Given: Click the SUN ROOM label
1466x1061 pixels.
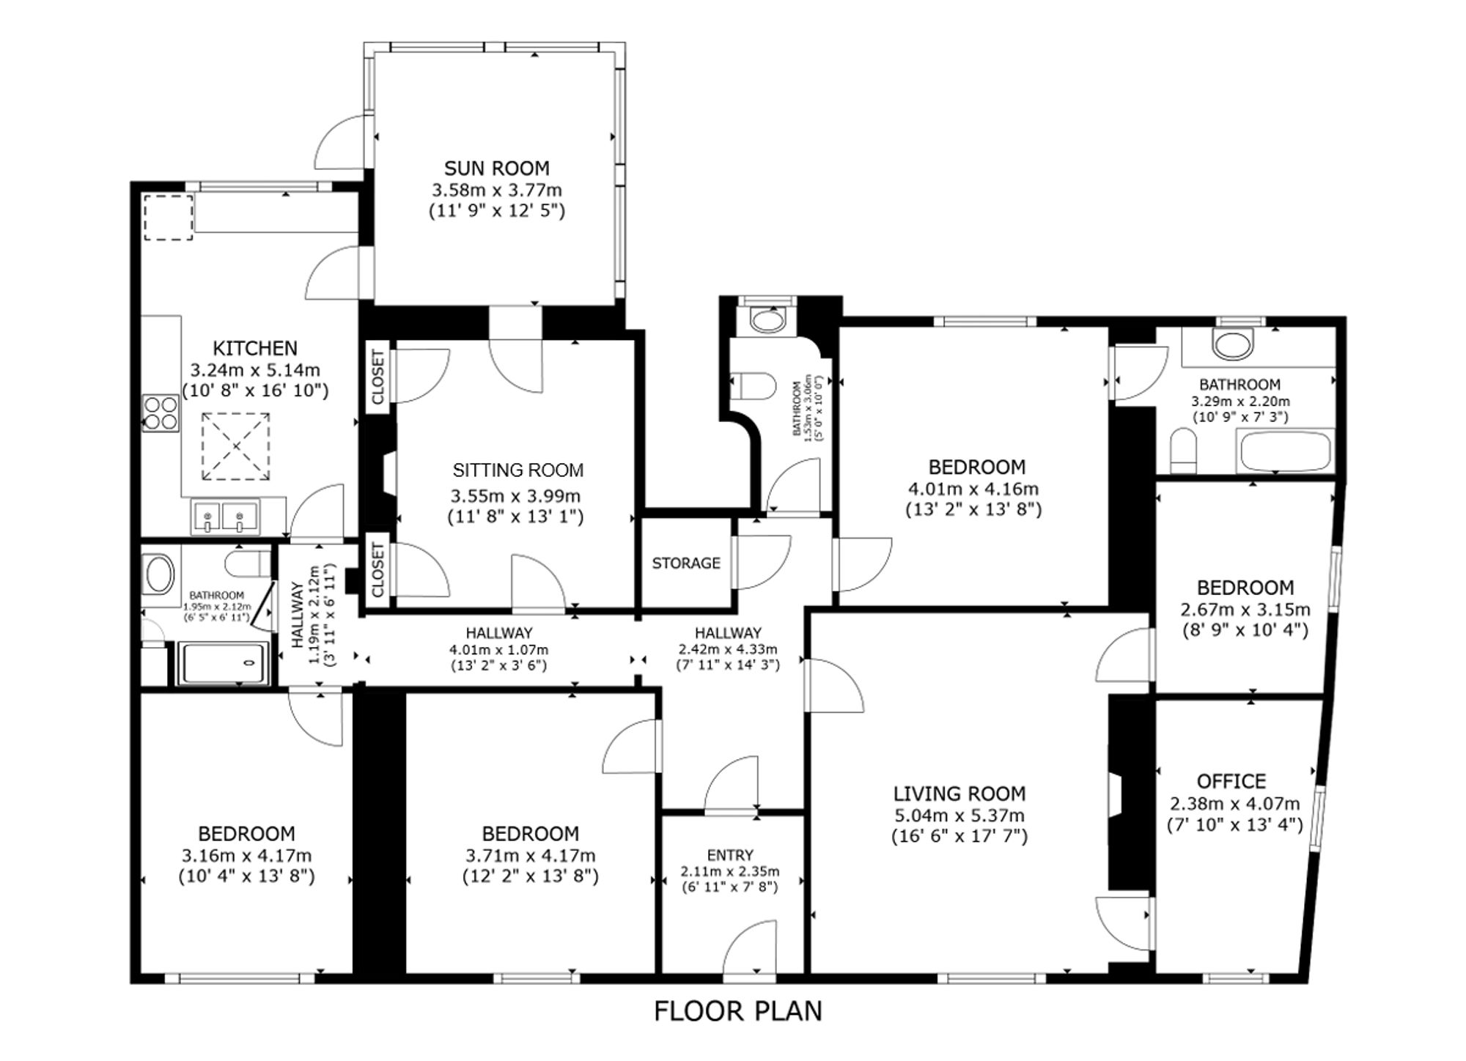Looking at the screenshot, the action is [x=496, y=169].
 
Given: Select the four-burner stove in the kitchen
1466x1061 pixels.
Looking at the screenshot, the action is [x=161, y=413].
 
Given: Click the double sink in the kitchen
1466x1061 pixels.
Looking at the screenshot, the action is [x=225, y=516].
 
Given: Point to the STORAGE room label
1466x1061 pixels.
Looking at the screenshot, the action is [x=686, y=563].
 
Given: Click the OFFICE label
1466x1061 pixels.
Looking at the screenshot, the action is [x=1231, y=781].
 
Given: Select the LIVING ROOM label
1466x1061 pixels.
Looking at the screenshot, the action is [x=959, y=794].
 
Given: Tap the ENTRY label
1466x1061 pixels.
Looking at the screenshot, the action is [x=730, y=855].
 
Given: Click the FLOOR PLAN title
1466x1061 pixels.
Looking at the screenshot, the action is [x=738, y=1011].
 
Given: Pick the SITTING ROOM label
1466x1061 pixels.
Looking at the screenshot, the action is [x=518, y=470].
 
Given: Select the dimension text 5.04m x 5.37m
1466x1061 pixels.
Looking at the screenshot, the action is [x=959, y=816].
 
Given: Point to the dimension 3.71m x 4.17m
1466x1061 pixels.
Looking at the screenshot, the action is [x=531, y=855].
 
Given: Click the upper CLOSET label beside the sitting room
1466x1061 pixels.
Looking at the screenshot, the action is [x=378, y=377].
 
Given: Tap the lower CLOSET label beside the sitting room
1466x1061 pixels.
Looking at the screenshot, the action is [x=378, y=570].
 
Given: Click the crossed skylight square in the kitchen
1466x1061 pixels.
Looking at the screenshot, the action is [x=236, y=446].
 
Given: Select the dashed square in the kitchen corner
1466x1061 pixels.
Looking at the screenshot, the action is [x=168, y=217].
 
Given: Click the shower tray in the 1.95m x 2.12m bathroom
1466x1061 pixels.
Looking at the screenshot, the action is [x=223, y=663].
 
